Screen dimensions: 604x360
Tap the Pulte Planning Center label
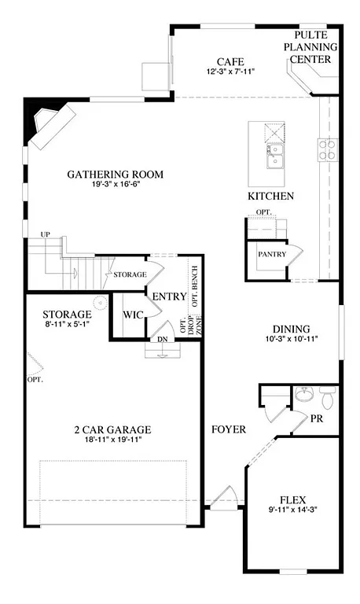coord(315,47)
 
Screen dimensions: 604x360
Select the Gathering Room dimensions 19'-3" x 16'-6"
coord(116,185)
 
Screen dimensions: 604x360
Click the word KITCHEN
coord(270,196)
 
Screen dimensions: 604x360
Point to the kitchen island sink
coord(274,156)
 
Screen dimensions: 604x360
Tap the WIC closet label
coord(131,315)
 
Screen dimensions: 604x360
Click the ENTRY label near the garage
coord(168,296)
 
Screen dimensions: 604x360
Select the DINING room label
coord(291,330)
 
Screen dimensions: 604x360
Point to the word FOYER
coord(229,430)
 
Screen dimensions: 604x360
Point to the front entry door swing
coord(225,497)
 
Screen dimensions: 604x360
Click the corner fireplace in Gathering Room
coord(49,124)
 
